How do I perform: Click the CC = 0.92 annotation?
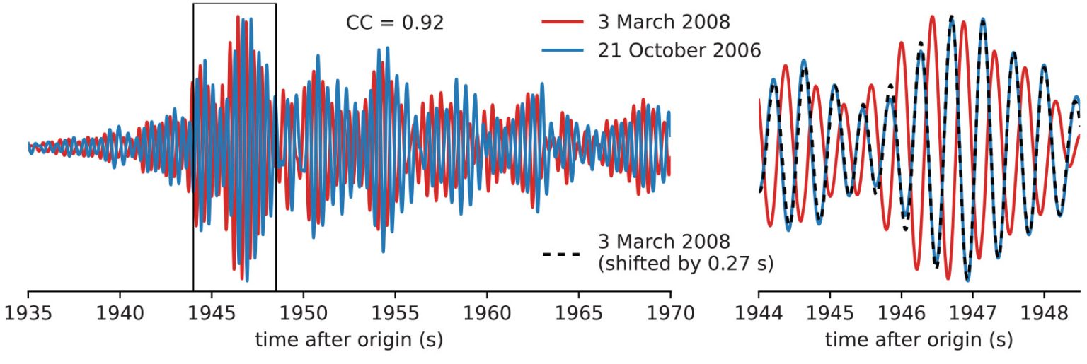point(395,23)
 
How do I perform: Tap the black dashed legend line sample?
point(561,253)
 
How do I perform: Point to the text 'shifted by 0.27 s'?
point(686,264)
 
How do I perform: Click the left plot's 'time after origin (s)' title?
point(349,340)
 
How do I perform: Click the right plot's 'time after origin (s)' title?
point(919,340)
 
